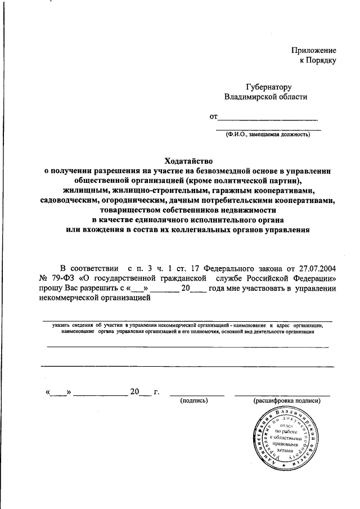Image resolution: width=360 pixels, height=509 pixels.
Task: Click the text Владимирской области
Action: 266,97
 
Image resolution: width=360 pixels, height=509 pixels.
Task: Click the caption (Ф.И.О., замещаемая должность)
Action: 267,134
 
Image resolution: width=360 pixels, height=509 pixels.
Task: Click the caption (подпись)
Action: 194,400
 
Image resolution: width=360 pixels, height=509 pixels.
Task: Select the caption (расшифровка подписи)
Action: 286,400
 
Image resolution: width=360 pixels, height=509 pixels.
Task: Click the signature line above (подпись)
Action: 194,393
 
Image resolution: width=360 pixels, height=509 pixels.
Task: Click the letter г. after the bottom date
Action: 156,391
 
